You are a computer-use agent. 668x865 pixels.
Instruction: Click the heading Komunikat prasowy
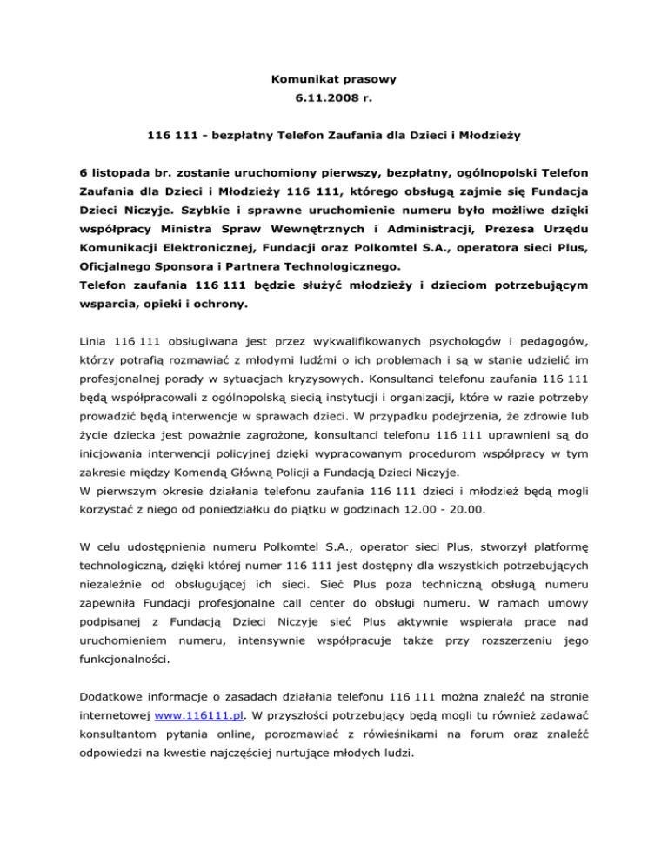333,79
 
